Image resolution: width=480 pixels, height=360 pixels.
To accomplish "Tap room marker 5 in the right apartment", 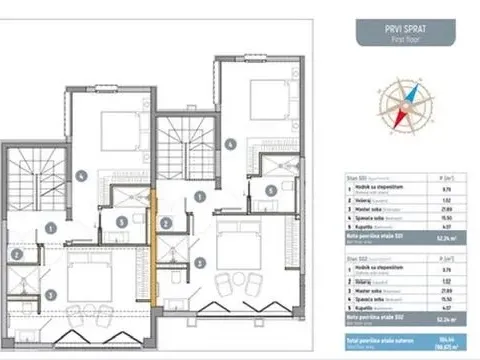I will point(271,189).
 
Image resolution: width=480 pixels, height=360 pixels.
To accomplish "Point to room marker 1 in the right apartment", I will point(201,197).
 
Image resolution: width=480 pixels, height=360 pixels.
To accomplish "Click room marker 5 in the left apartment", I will point(120,221).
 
